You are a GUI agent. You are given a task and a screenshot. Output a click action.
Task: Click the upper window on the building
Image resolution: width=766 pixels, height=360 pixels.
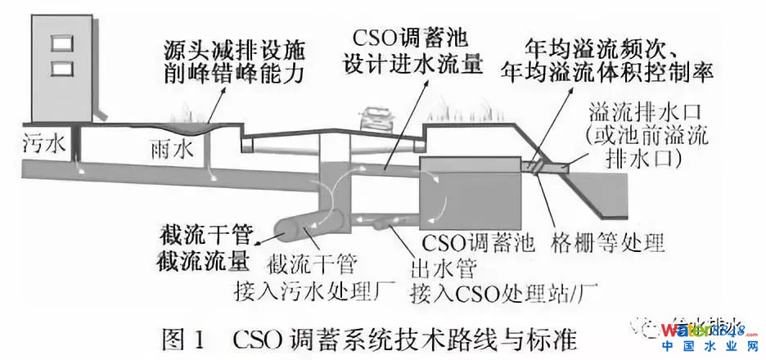[56, 42]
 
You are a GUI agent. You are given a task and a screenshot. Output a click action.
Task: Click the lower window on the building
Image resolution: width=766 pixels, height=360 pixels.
[56, 65]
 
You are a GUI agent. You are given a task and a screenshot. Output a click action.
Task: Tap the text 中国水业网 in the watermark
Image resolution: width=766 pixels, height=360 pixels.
[705, 348]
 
